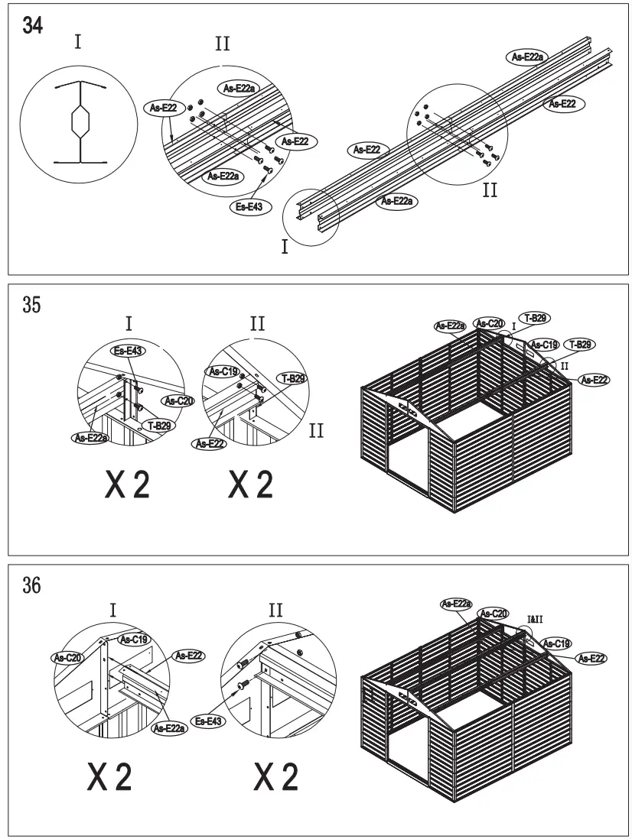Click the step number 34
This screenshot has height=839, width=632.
(34, 25)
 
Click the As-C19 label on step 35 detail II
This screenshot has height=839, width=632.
(222, 371)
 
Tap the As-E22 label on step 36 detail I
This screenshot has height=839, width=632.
(189, 655)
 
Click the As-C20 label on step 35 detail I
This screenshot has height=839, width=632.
(177, 400)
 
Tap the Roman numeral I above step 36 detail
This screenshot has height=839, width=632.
(113, 610)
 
